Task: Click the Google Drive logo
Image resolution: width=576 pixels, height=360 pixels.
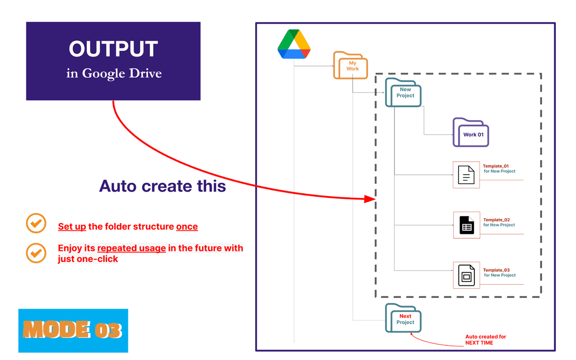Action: tap(294, 44)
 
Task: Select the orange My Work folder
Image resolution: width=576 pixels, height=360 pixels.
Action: tap(350, 66)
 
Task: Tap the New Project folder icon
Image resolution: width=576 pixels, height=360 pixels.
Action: tap(403, 93)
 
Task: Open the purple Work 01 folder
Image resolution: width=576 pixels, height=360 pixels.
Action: tap(471, 133)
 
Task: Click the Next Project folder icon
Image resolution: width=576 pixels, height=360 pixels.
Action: tap(403, 319)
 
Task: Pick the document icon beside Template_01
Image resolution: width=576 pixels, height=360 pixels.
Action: tap(466, 175)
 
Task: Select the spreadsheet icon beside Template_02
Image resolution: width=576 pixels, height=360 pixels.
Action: tap(466, 225)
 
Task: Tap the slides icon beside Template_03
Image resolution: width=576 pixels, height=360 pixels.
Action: tap(466, 276)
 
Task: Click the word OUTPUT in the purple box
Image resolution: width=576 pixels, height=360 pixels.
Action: tap(114, 49)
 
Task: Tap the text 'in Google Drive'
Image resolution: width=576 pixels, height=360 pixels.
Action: tap(114, 74)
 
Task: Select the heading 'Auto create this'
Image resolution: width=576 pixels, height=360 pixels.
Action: tap(162, 186)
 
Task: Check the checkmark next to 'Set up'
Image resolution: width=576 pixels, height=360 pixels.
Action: tap(36, 223)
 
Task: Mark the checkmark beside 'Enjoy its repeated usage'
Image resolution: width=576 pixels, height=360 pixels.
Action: tap(36, 253)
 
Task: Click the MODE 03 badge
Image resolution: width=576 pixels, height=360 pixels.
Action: tap(73, 330)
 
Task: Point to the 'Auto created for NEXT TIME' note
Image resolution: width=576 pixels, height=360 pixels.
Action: tap(485, 340)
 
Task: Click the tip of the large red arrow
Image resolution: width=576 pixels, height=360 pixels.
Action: tap(374, 199)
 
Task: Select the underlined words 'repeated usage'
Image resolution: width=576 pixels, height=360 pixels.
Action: tap(131, 248)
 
